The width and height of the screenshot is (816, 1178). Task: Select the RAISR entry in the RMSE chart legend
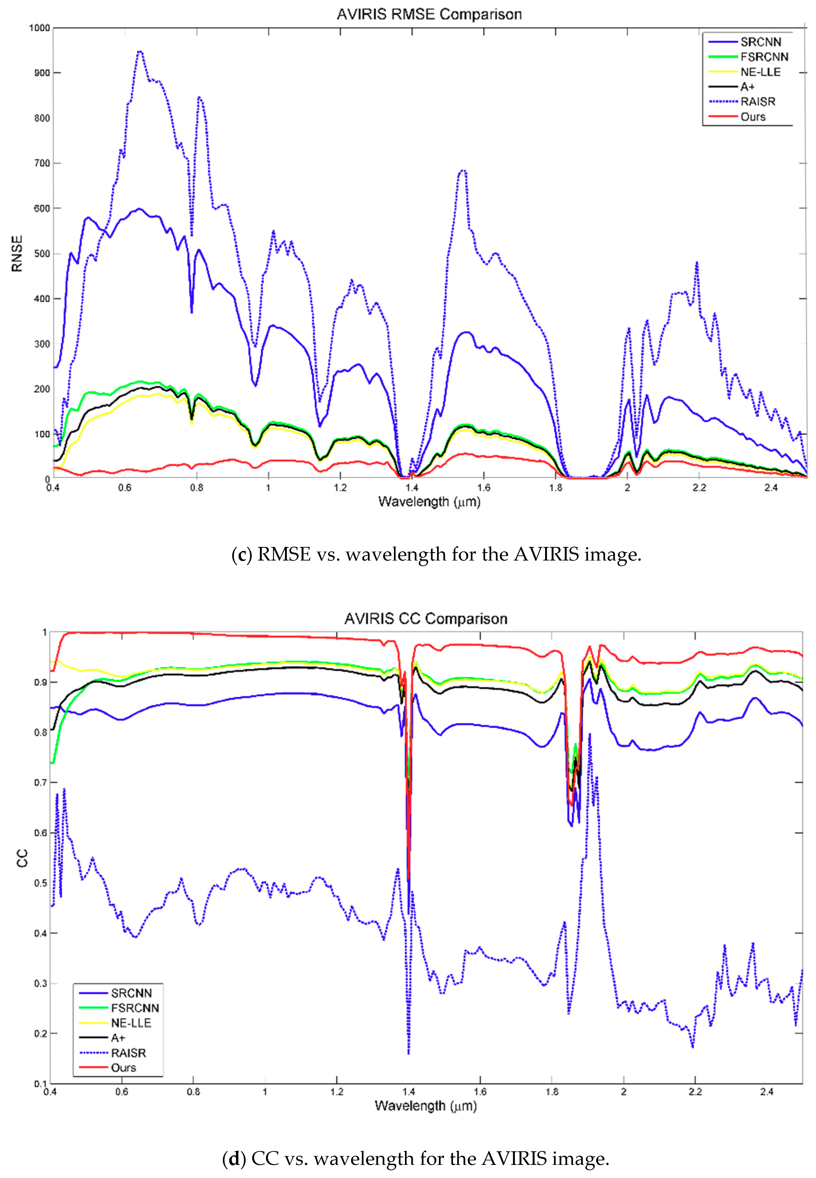[758, 102]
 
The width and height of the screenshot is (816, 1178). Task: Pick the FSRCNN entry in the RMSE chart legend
[764, 57]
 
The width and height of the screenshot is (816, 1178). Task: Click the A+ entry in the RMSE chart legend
[748, 87]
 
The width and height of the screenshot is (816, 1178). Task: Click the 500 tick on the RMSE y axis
[41, 254]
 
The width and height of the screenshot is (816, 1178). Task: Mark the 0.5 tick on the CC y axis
[40, 883]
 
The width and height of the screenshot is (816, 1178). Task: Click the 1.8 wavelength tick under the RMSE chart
[556, 488]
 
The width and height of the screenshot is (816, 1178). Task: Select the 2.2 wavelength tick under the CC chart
[695, 1092]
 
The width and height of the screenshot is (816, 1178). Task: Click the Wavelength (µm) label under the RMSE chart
[429, 501]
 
